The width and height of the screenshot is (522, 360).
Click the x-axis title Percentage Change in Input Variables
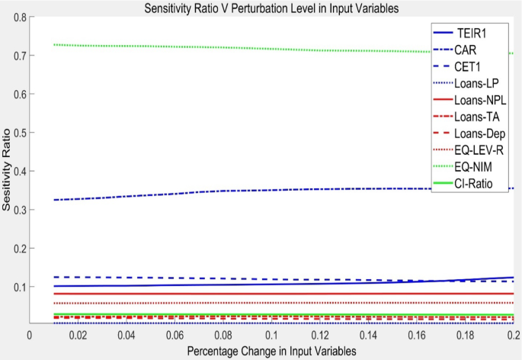tap(271, 350)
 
